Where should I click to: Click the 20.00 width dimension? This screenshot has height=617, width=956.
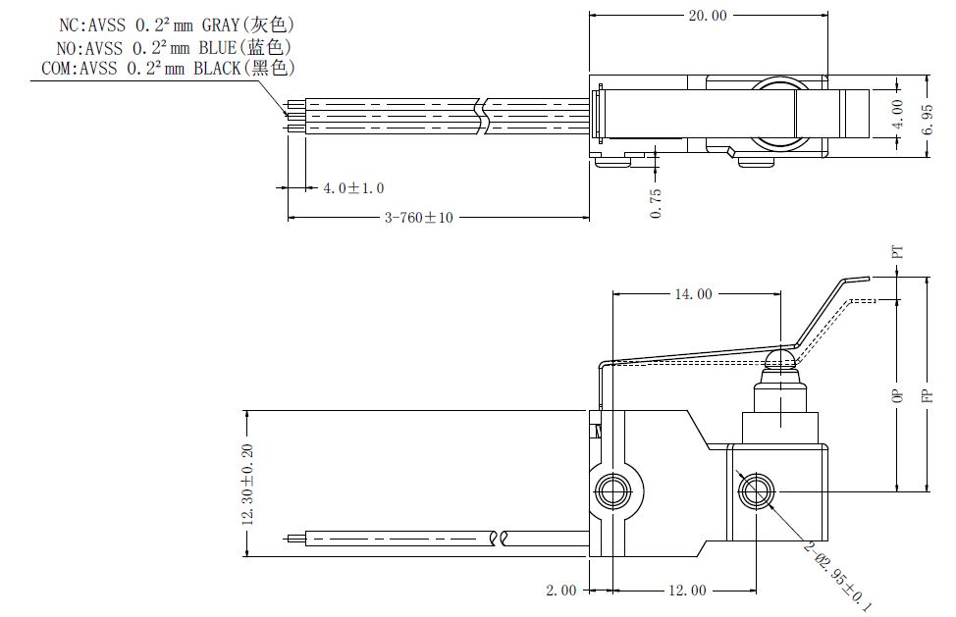tap(708, 16)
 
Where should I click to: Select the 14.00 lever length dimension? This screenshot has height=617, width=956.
tap(693, 294)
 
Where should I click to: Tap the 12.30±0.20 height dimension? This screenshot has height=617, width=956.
tap(247, 485)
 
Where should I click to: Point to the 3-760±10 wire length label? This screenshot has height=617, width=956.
tap(419, 218)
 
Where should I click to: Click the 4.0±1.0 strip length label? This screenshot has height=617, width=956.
tap(353, 188)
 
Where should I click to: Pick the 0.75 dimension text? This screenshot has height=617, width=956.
tap(656, 203)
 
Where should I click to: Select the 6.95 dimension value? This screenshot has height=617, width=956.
tap(928, 120)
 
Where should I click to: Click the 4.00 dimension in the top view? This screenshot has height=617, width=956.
tap(897, 115)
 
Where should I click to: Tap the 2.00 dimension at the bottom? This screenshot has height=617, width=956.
tap(560, 591)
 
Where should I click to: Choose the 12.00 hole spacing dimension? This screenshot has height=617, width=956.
tap(688, 591)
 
